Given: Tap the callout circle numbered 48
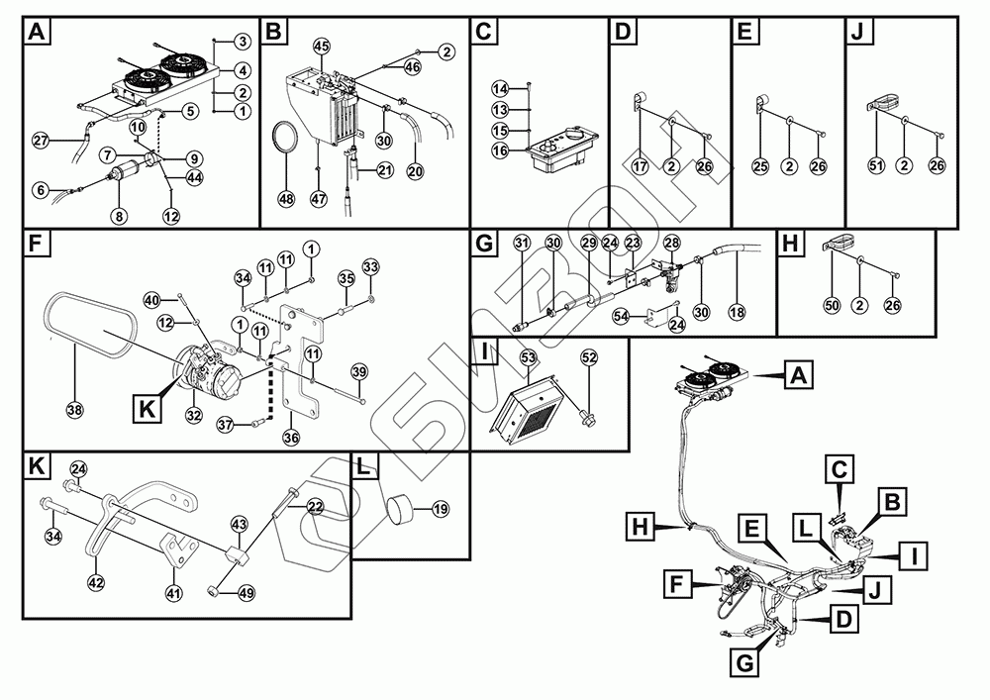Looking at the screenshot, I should [x=286, y=199].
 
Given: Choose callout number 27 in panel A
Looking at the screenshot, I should [x=40, y=140].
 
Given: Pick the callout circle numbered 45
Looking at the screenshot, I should [x=321, y=47].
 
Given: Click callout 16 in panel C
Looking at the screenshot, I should [x=501, y=150].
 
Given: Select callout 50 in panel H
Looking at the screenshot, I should [x=832, y=306].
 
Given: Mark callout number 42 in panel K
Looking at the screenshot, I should [x=96, y=583].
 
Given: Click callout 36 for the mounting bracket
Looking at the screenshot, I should [x=291, y=437].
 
